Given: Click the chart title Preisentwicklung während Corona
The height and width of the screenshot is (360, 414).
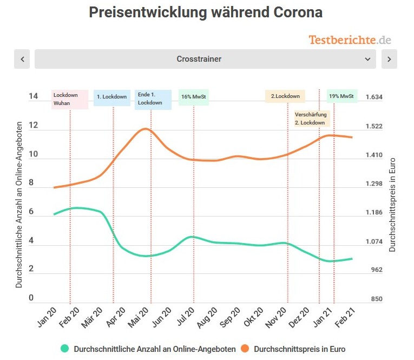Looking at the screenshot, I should [206, 13].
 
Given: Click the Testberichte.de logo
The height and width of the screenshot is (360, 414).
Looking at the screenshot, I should [350, 40].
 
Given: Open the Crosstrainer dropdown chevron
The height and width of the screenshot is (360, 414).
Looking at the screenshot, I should [367, 59].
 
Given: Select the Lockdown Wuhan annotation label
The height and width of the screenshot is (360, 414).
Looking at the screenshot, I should [70, 99].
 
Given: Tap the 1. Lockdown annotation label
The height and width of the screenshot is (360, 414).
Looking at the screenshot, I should [112, 97].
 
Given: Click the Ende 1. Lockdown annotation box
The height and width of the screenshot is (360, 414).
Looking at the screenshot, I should [153, 99].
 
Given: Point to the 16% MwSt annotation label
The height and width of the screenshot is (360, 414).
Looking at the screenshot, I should [194, 97].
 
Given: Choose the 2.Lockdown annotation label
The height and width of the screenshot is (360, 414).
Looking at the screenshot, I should [285, 96].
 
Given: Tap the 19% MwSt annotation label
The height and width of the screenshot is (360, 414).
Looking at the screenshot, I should [342, 97].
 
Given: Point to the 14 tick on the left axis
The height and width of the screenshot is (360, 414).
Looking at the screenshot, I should [34, 97].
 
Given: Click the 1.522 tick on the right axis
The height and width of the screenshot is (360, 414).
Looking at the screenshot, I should [374, 126].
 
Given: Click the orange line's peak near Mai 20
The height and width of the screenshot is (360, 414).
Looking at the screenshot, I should [145, 129].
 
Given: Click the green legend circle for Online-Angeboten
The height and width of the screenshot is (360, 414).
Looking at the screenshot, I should [65, 349].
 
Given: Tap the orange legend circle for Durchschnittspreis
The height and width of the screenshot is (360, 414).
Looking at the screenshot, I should [245, 349].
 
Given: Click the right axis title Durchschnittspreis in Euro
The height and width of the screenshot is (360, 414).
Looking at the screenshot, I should [393, 205].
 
